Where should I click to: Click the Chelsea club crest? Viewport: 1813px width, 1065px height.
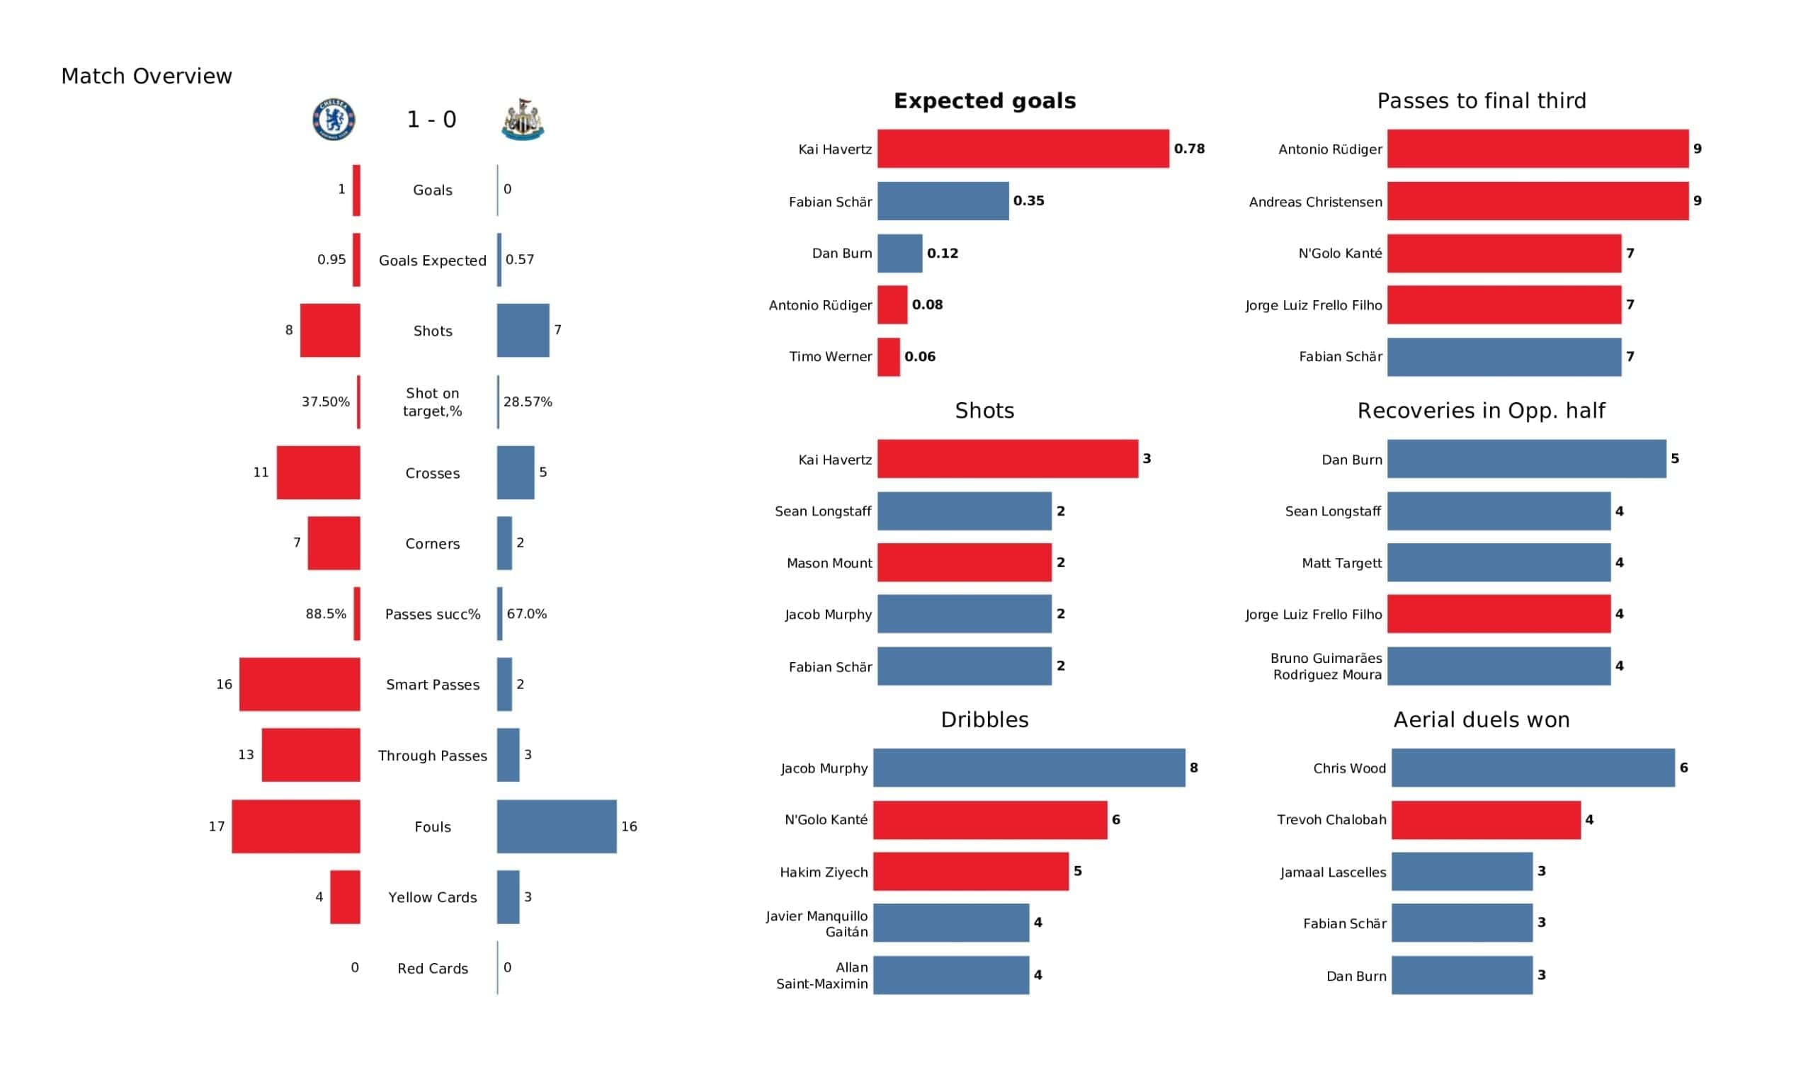tap(334, 120)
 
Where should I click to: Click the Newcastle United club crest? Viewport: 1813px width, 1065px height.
tap(523, 120)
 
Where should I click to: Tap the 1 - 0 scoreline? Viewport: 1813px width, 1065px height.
tap(432, 120)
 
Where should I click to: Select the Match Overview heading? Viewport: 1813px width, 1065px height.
tap(147, 76)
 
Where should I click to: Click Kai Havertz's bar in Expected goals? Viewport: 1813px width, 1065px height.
tap(1023, 149)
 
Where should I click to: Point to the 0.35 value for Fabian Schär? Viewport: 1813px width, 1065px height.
tap(1029, 202)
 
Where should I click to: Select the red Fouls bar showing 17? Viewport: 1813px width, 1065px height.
tap(297, 827)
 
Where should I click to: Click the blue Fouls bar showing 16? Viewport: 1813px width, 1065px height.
tap(557, 827)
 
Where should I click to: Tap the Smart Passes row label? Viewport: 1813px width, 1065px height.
tap(433, 685)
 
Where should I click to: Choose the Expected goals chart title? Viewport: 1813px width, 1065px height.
tap(985, 101)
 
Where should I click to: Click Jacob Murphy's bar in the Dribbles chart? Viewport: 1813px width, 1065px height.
tap(1029, 768)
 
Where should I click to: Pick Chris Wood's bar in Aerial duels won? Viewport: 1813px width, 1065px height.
tap(1533, 768)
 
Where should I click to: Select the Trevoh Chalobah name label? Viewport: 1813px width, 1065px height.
tap(1331, 820)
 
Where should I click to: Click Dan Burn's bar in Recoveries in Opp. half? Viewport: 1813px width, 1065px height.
tap(1527, 459)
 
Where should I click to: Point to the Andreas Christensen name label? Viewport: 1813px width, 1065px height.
tap(1316, 203)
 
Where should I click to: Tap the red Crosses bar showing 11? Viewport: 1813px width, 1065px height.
tap(319, 473)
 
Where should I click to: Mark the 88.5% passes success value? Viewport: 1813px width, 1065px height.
tap(326, 615)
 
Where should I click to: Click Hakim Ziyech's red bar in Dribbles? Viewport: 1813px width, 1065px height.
tap(971, 872)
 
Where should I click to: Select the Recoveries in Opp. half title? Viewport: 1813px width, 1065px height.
tap(1482, 411)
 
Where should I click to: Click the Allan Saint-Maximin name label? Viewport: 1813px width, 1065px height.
tap(822, 976)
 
